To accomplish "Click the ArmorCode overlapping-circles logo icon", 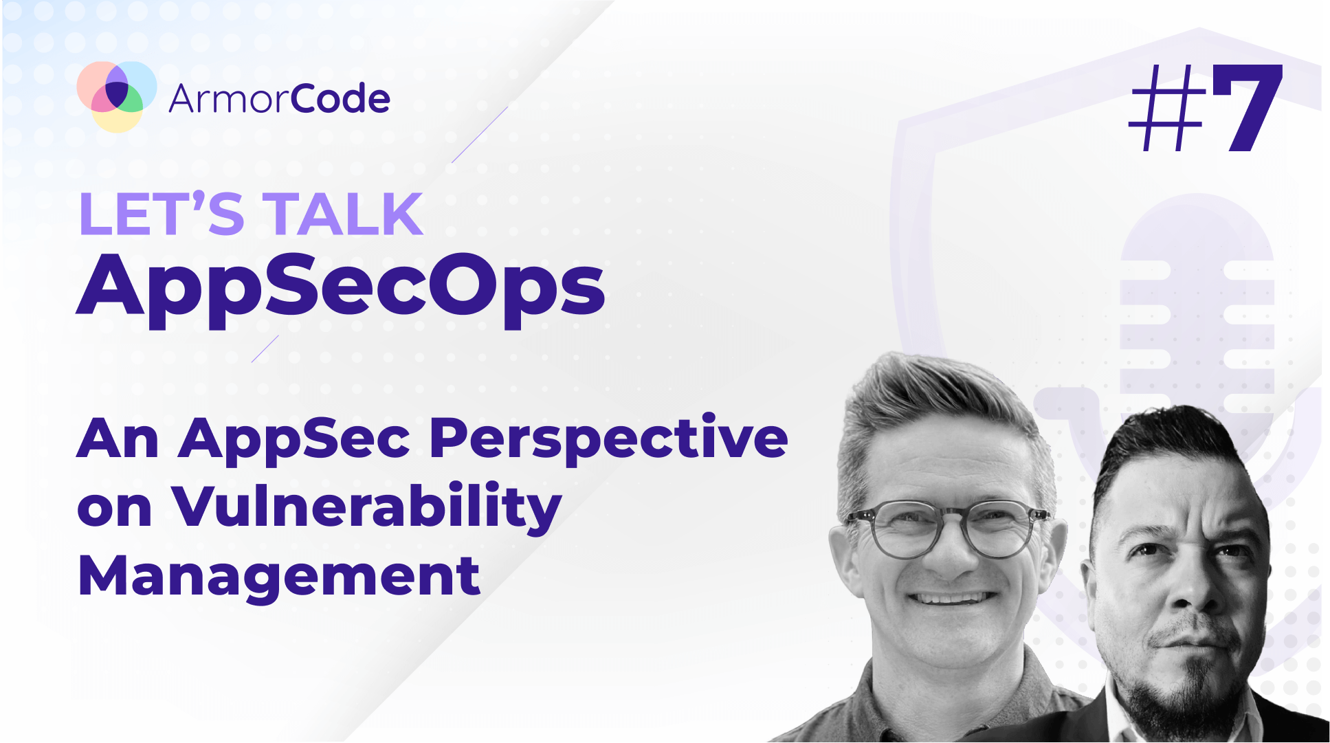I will pos(116,96).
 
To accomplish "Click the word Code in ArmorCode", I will pos(340,99).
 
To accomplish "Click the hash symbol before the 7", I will pos(1167,109).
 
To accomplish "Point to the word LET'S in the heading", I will pos(162,214).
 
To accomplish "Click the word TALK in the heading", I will pos(343,214).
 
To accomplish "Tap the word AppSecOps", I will pos(341,286).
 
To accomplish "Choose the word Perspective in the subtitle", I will pos(608,440).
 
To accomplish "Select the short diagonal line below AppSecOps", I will pos(265,348).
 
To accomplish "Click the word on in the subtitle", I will pos(114,509).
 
